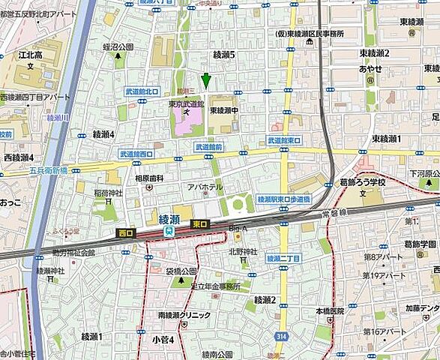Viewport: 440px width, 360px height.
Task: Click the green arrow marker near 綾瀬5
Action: (x=206, y=79)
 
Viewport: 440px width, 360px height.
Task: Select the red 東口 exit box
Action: (x=200, y=223)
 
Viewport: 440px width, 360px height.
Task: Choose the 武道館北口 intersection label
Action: (x=142, y=91)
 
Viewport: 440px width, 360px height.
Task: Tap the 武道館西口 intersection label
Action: (x=136, y=154)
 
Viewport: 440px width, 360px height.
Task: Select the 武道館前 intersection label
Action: (x=208, y=148)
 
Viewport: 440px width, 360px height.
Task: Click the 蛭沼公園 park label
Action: (x=118, y=46)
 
